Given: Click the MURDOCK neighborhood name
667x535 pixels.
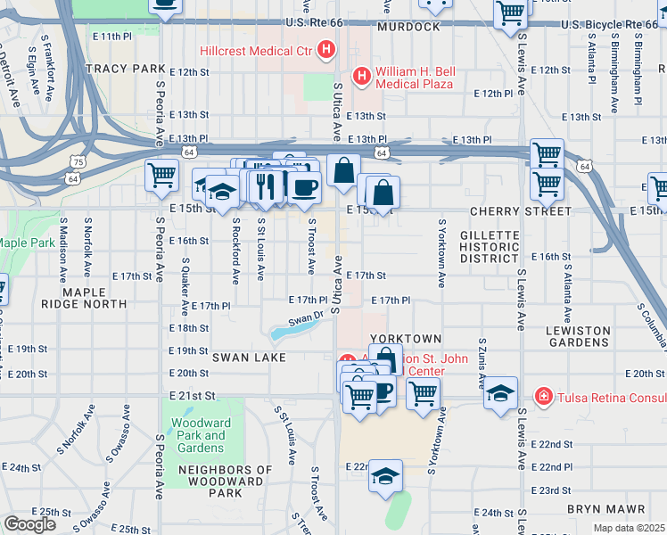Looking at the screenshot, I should click(x=408, y=28).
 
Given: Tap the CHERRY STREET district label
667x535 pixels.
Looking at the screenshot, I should click(x=531, y=211).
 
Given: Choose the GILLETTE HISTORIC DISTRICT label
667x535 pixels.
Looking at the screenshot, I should click(x=489, y=245).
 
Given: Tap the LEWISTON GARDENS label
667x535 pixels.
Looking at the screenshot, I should click(x=578, y=336).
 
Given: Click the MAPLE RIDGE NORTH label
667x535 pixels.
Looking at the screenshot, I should click(x=95, y=298).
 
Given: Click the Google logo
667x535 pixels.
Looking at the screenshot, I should click(x=29, y=523).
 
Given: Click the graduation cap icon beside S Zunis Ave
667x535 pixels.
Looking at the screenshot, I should click(x=501, y=393).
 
